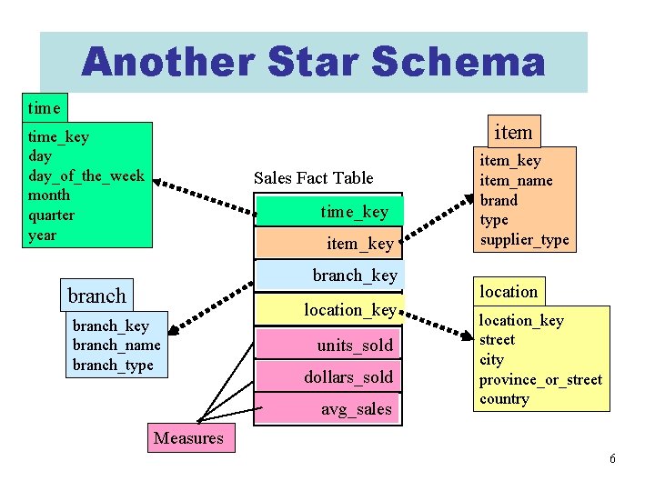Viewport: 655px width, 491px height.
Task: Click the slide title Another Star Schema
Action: coord(313,62)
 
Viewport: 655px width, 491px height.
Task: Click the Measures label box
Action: coord(188,438)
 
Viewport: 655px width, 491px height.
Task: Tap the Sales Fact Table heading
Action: coord(313,177)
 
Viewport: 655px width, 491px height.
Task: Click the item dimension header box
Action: coord(512,133)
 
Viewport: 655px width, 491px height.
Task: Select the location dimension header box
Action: coord(509,291)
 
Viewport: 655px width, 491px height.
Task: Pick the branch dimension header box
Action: coord(96,296)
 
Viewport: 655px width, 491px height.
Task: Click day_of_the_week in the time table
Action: coord(86,175)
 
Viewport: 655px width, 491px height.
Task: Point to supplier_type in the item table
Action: coord(524,240)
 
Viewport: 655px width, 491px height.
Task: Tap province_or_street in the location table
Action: coord(540,379)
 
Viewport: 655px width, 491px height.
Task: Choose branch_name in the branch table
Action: coord(116,345)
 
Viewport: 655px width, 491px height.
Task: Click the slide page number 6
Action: coord(612,458)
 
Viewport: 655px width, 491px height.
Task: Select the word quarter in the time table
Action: coord(52,215)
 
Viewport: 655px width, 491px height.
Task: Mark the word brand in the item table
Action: coord(499,200)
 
